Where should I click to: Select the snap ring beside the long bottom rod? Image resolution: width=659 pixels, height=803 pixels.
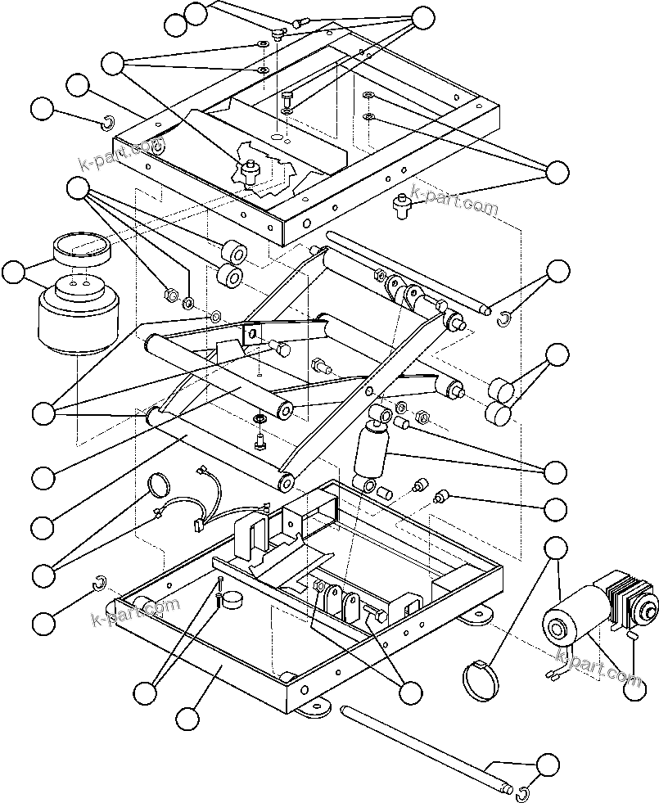coord(523,792)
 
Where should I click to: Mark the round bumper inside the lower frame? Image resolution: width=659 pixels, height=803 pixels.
coord(234,601)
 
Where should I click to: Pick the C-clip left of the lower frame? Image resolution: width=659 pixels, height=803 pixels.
coord(99,582)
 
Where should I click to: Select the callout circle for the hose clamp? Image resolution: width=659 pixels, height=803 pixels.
coord(557,550)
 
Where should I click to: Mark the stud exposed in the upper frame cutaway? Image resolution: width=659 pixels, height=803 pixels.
coord(251,168)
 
